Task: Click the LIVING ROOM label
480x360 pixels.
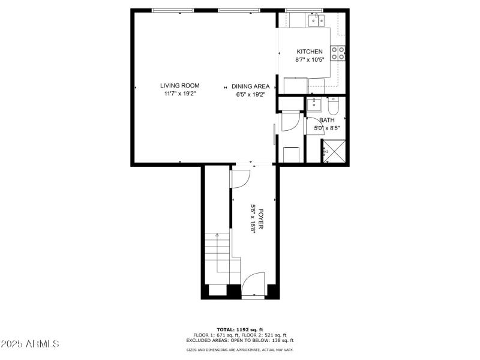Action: pos(179,86)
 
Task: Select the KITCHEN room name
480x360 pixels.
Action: pos(309,52)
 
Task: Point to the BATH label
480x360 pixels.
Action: pos(327,120)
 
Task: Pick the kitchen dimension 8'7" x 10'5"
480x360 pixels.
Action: pos(309,60)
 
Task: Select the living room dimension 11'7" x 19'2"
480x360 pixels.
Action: pos(179,94)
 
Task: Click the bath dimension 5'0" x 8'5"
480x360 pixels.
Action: pos(327,128)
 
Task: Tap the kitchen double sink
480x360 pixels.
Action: pos(316,21)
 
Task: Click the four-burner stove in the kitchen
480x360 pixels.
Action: pos(340,53)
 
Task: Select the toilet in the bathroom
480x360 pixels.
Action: pos(334,106)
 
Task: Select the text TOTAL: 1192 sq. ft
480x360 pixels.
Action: pos(239,330)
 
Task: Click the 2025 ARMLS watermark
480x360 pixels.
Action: pos(30,344)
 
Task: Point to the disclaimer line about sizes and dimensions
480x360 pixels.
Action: pos(239,349)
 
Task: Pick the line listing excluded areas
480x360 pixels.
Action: pos(239,340)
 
